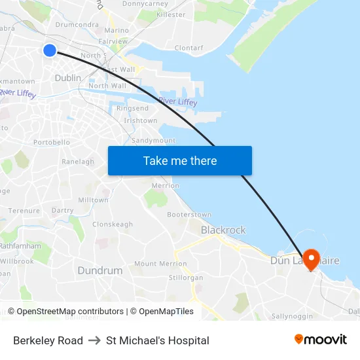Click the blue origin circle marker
click(x=50, y=50)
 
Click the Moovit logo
click(x=320, y=340)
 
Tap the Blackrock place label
click(x=223, y=230)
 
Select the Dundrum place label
click(x=100, y=270)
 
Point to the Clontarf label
click(x=189, y=48)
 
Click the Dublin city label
click(x=68, y=78)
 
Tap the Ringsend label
click(x=132, y=108)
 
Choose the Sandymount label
click(x=153, y=141)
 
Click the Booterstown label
click(x=189, y=215)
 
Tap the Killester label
click(x=171, y=14)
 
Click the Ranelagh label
click(x=78, y=162)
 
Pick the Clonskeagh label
click(x=113, y=224)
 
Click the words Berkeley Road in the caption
click(x=48, y=340)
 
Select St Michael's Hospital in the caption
click(x=158, y=340)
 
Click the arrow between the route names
click(x=94, y=340)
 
